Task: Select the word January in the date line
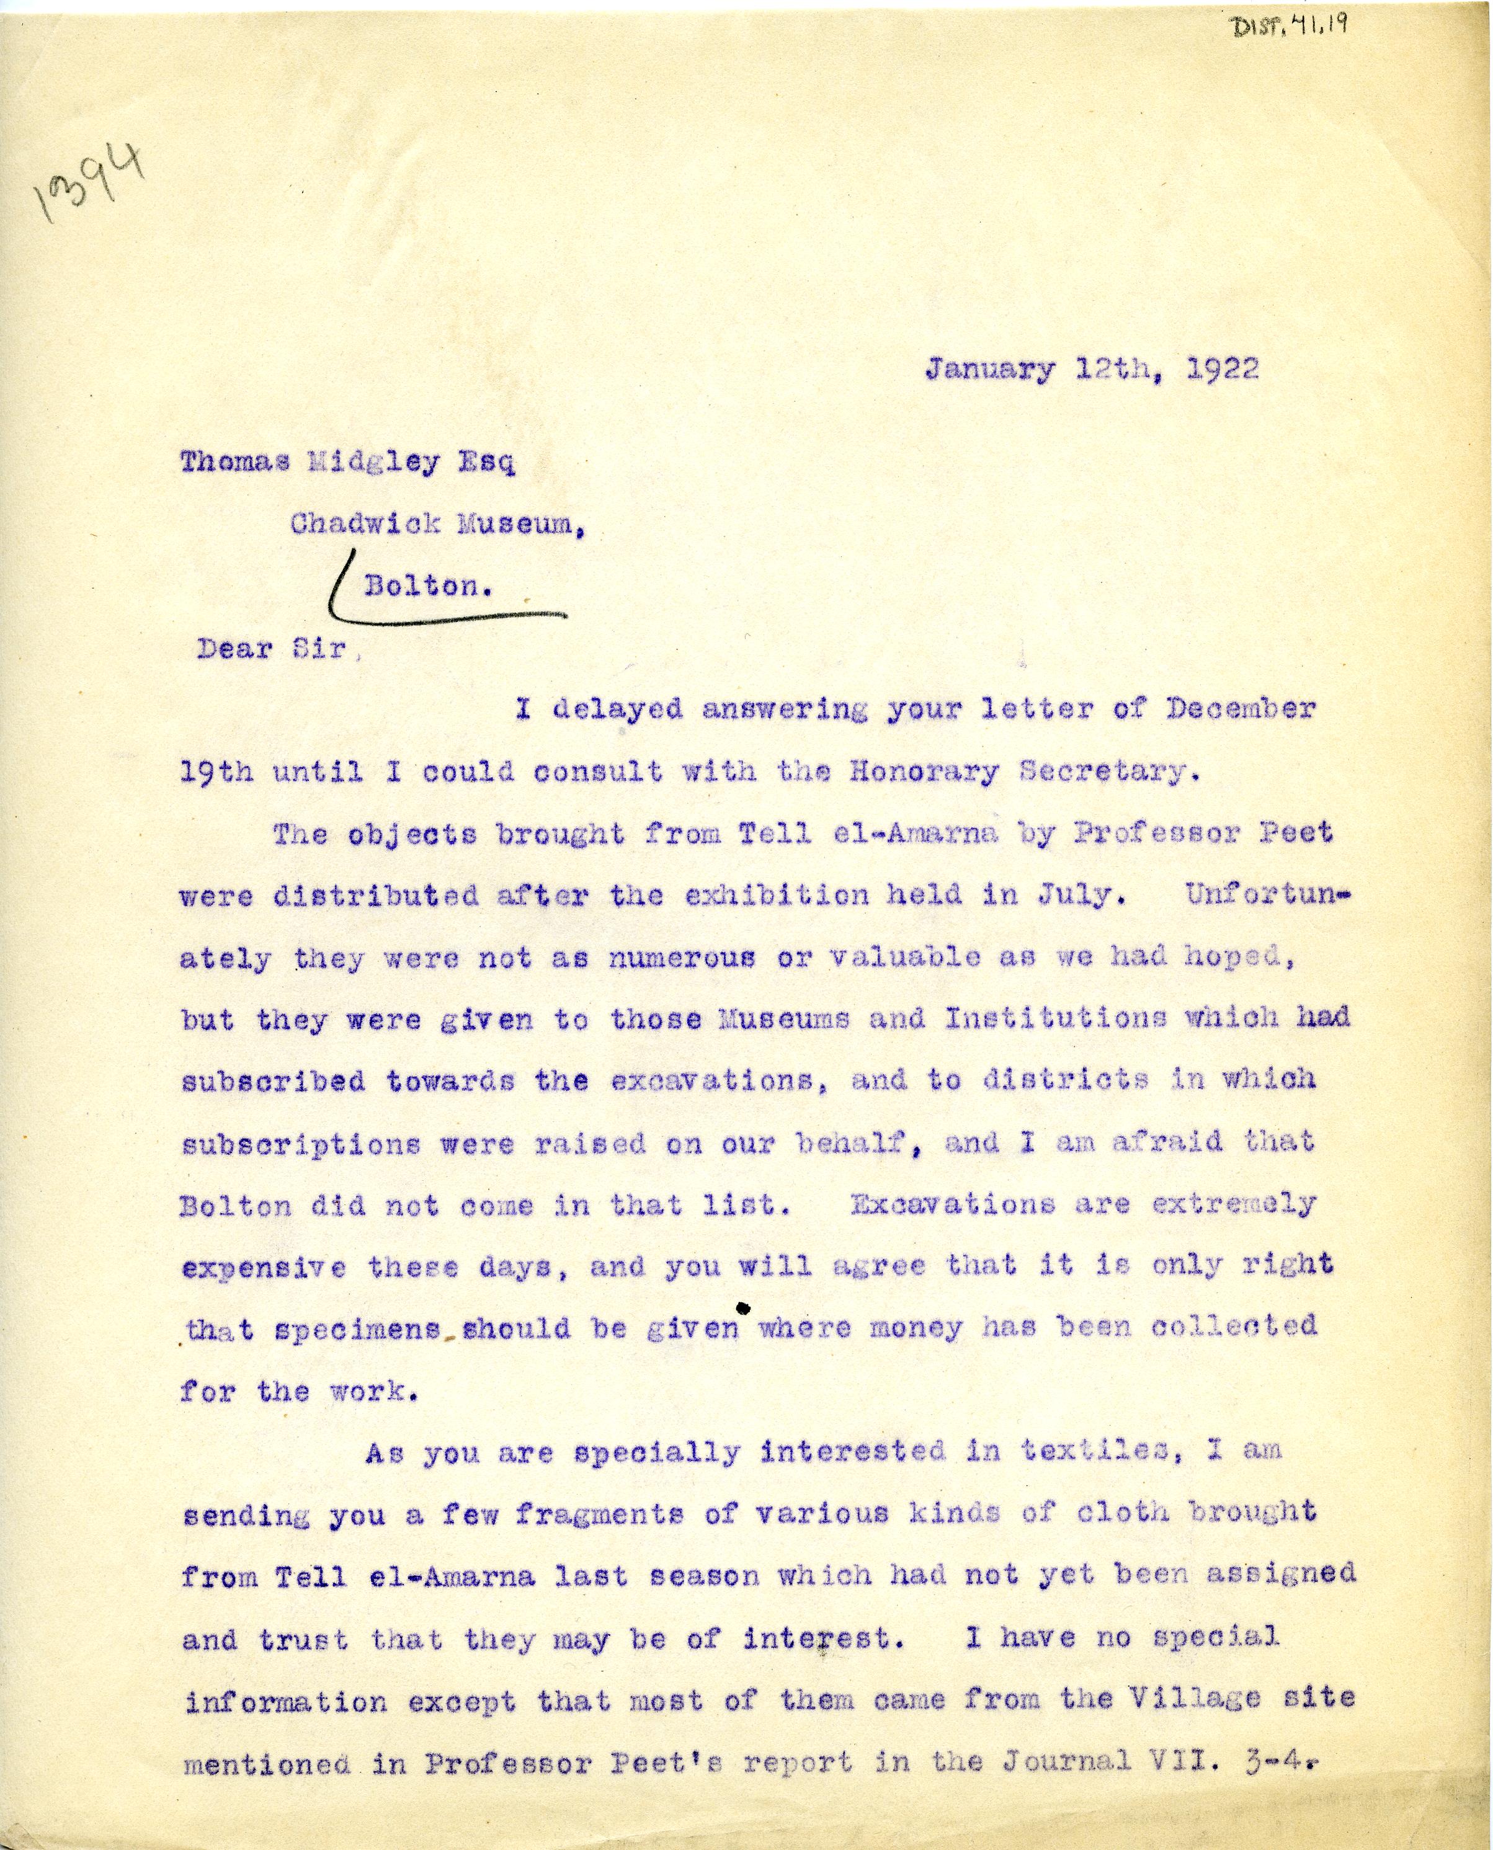tap(990, 370)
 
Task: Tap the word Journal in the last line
tap(1066, 1761)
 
